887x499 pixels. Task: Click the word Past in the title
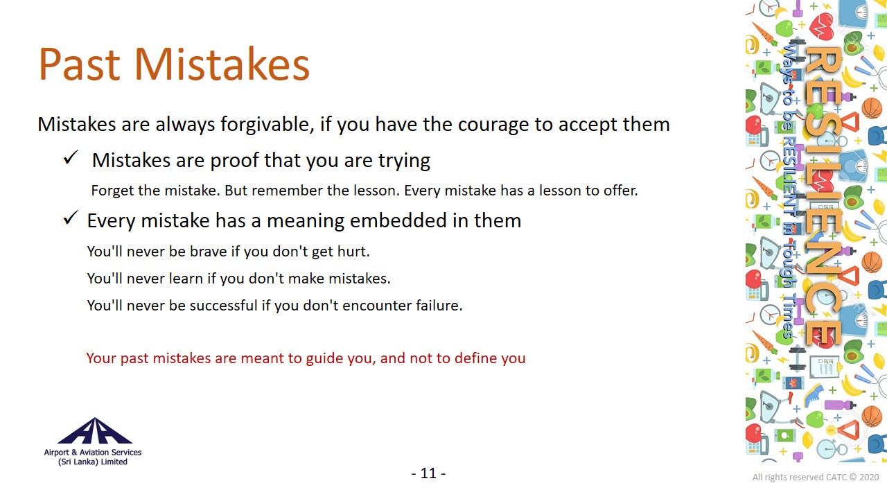click(x=79, y=64)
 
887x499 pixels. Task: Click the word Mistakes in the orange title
click(x=222, y=64)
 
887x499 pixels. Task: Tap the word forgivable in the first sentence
click(x=267, y=125)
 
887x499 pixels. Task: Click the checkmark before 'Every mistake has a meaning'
click(x=71, y=218)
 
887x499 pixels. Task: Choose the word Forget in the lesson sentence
click(x=111, y=191)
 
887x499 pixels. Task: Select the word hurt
click(x=353, y=252)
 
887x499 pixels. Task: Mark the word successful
click(x=223, y=306)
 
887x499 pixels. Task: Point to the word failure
click(x=439, y=306)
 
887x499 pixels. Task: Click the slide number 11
click(x=428, y=473)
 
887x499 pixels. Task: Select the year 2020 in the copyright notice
click(x=869, y=478)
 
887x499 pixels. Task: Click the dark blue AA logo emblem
click(x=95, y=430)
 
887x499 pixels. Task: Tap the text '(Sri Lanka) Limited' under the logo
click(x=93, y=462)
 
